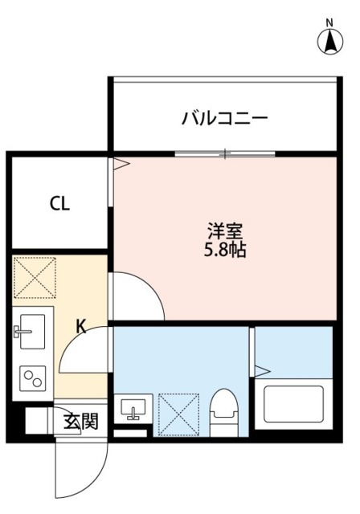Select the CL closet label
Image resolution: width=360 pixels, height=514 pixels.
tap(59, 203)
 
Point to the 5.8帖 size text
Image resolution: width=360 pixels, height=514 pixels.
tap(224, 250)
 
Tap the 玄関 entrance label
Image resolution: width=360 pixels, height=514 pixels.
tap(81, 421)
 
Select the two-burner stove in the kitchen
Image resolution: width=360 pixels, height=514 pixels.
tap(33, 377)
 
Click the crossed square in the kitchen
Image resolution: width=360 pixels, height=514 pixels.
tap(35, 277)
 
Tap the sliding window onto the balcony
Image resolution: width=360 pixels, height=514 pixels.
tap(226, 153)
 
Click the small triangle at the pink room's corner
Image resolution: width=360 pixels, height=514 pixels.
tap(121, 165)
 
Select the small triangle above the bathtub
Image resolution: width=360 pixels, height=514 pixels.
tap(261, 370)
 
